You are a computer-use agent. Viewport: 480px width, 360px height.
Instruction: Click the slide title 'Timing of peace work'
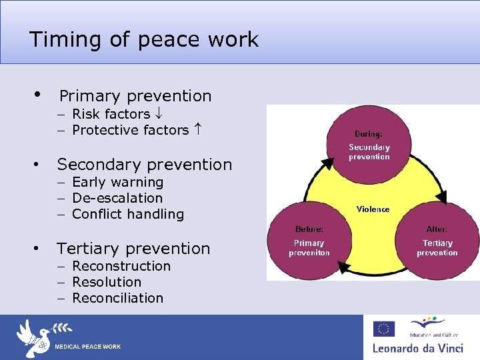coord(143,39)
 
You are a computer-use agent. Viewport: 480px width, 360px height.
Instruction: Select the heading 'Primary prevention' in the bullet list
coord(135,96)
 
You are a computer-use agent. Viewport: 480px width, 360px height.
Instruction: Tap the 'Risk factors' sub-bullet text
coord(111,114)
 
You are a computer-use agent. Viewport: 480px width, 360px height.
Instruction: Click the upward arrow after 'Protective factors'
coord(198,130)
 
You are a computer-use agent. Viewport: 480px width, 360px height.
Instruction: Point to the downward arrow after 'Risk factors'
coord(158,114)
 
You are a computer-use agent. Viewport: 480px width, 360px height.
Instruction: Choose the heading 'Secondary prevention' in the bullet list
coord(144,164)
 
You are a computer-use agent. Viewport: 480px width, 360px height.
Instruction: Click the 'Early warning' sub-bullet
coord(117,182)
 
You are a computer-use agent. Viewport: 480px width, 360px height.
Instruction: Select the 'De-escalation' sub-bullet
coord(117,198)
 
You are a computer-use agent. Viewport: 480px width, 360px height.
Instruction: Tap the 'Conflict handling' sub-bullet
coord(127,214)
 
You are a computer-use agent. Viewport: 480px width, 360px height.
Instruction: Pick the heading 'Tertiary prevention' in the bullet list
coord(133,249)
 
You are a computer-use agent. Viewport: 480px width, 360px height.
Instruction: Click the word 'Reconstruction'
coord(121,266)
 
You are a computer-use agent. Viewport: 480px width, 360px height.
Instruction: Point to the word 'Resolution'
coord(107,282)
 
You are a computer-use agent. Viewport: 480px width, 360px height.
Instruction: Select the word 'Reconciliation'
coord(117,298)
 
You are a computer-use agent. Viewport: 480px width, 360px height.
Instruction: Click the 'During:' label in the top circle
coord(369,133)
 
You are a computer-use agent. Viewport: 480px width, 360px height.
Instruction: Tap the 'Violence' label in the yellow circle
coord(373,209)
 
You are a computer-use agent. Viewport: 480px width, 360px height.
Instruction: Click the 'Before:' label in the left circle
coord(309,229)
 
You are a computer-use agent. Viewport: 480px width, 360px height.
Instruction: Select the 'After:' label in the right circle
coord(437,229)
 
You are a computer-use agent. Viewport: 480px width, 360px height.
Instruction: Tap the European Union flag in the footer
coord(383,329)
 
